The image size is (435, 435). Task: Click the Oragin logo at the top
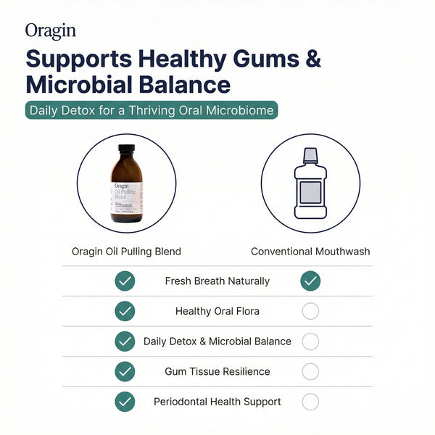[50, 31]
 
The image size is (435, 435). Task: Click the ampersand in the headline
[312, 59]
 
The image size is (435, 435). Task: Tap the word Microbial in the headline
[79, 84]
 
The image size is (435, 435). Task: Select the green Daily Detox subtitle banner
[152, 111]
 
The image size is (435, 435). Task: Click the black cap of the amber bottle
[126, 150]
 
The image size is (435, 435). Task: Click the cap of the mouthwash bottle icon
[310, 154]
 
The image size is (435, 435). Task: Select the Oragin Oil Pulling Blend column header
[126, 252]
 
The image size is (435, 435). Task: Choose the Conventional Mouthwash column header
[310, 252]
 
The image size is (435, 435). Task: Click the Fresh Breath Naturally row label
[217, 281]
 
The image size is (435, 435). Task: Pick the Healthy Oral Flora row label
[217, 311]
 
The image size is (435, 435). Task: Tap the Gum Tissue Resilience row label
[217, 371]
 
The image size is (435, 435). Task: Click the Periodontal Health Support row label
[217, 401]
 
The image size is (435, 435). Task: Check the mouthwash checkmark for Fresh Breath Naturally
[310, 281]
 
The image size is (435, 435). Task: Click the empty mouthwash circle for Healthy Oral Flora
[310, 311]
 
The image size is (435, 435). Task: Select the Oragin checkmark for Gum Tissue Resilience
[125, 371]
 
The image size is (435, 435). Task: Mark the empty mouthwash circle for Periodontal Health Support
[310, 401]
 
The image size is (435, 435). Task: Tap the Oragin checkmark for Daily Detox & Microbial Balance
[125, 341]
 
